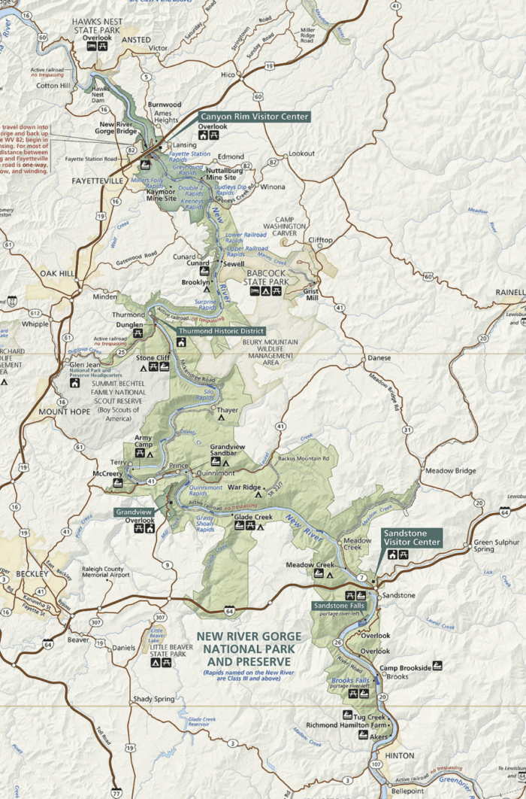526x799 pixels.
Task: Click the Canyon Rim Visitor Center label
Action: tap(254, 117)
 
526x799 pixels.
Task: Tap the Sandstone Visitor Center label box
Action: tap(412, 536)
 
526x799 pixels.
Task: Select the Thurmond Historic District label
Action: tap(220, 330)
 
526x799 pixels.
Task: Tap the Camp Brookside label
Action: tap(405, 667)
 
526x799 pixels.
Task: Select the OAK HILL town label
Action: tap(59, 272)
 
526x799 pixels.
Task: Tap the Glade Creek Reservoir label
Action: tap(202, 722)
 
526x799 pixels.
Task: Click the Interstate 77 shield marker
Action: tap(116, 792)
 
